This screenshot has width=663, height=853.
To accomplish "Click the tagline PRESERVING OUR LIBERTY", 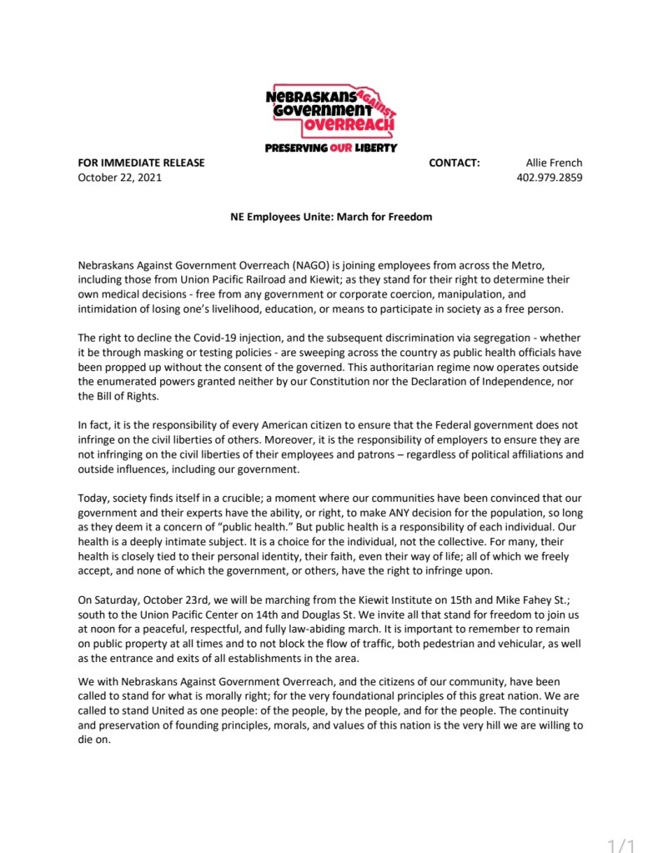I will pos(331,148).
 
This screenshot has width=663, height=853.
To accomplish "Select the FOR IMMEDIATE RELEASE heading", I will pos(141,163).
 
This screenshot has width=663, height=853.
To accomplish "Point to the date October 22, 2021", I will pos(120,177).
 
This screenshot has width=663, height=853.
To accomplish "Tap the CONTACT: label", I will pos(455,163).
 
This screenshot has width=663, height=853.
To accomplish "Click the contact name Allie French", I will pos(554,163).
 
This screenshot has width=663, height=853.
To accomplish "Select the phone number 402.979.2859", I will pos(550,177).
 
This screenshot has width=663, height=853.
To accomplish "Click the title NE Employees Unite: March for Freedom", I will pos(331,217).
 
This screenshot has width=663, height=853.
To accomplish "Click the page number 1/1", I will pos(622,845).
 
